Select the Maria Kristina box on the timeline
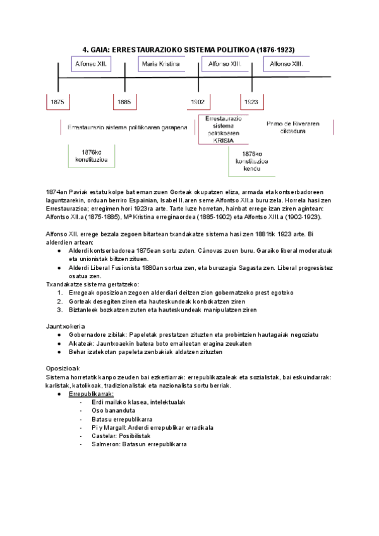click(161, 64)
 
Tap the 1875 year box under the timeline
click(57, 101)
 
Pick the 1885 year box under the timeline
click(124, 101)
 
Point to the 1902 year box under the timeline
click(198, 101)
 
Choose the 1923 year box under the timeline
click(251, 101)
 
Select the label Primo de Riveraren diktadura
click(290, 127)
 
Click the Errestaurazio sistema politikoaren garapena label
click(127, 127)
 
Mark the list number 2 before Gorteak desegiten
click(59, 301)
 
